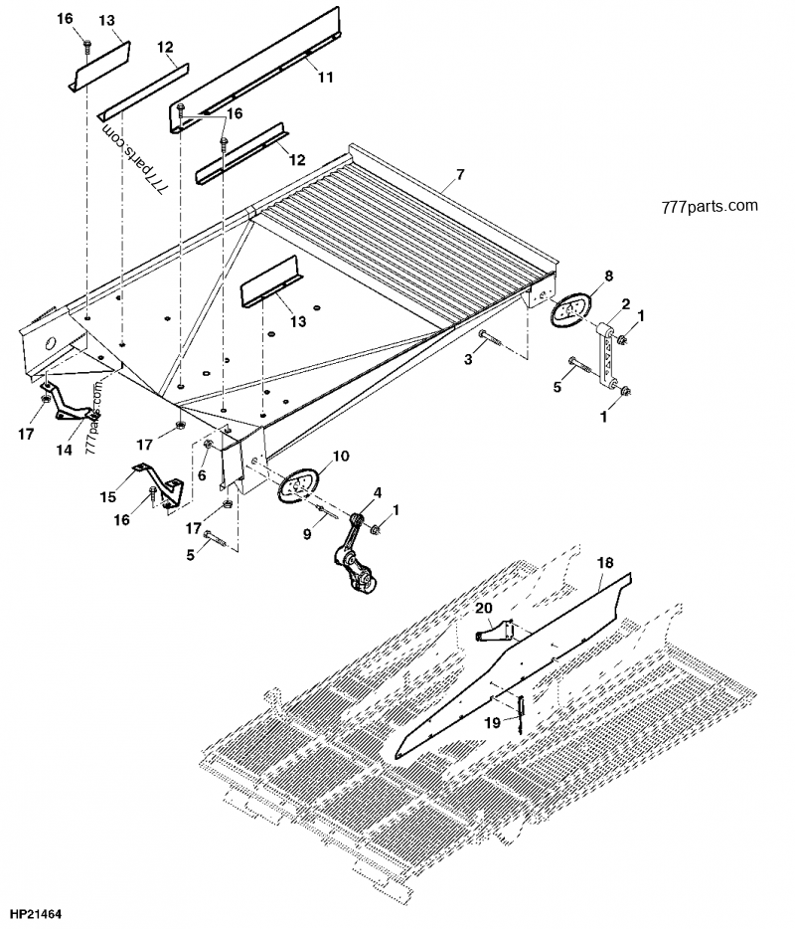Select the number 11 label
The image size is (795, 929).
[x=326, y=76]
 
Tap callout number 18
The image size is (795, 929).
[x=605, y=563]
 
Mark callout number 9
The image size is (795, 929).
[x=307, y=534]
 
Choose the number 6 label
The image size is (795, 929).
[x=203, y=476]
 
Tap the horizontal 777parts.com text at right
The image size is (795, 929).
[x=708, y=207]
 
